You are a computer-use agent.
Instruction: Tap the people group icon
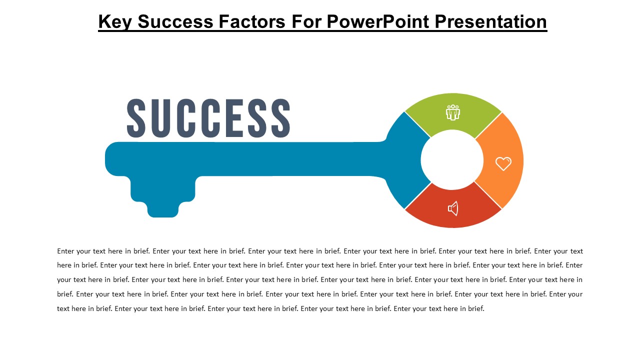coord(453,112)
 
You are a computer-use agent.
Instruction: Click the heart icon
coord(503,163)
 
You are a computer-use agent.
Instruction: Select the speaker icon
coord(453,208)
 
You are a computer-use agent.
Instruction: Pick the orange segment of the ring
coord(502,145)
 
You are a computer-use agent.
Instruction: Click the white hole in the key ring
coord(452,160)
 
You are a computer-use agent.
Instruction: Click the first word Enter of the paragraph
coord(66,251)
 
